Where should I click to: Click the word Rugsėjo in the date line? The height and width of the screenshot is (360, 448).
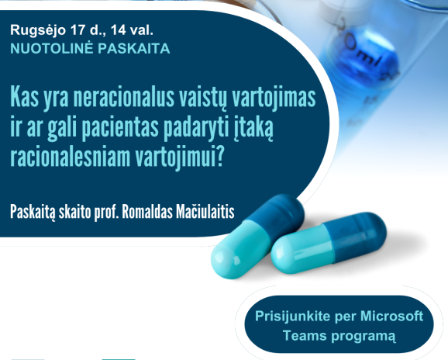pyautogui.click(x=38, y=30)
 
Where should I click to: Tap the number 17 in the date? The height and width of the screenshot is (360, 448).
pyautogui.click(x=78, y=29)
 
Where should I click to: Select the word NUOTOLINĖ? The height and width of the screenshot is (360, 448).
pyautogui.click(x=52, y=48)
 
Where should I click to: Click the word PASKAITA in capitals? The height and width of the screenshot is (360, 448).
pyautogui.click(x=134, y=48)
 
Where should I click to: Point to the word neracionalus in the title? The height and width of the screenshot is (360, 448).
pyautogui.click(x=124, y=98)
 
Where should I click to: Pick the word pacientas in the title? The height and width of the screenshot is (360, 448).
pyautogui.click(x=120, y=129)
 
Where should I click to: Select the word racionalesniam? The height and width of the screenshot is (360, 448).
pyautogui.click(x=71, y=157)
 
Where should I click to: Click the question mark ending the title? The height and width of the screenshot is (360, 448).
pyautogui.click(x=219, y=157)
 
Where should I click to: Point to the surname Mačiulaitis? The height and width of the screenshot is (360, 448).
pyautogui.click(x=205, y=212)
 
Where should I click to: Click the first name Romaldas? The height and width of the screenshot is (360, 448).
pyautogui.click(x=147, y=212)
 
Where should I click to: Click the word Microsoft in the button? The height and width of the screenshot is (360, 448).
pyautogui.click(x=391, y=317)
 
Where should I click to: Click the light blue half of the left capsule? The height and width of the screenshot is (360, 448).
pyautogui.click(x=240, y=251)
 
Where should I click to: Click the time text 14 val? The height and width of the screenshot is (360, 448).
pyautogui.click(x=132, y=29)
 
